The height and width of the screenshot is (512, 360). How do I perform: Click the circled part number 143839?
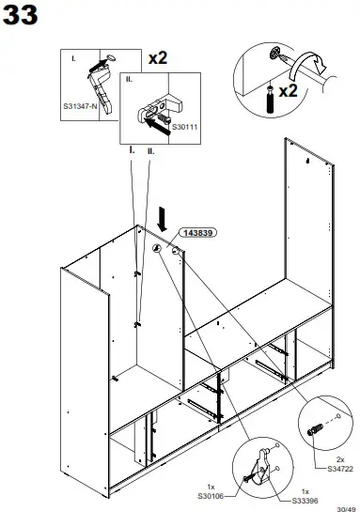197,232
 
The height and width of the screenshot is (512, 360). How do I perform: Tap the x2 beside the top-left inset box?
158,57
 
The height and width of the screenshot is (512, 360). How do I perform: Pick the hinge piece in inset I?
97,80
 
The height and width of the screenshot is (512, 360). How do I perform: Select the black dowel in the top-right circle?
271,96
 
